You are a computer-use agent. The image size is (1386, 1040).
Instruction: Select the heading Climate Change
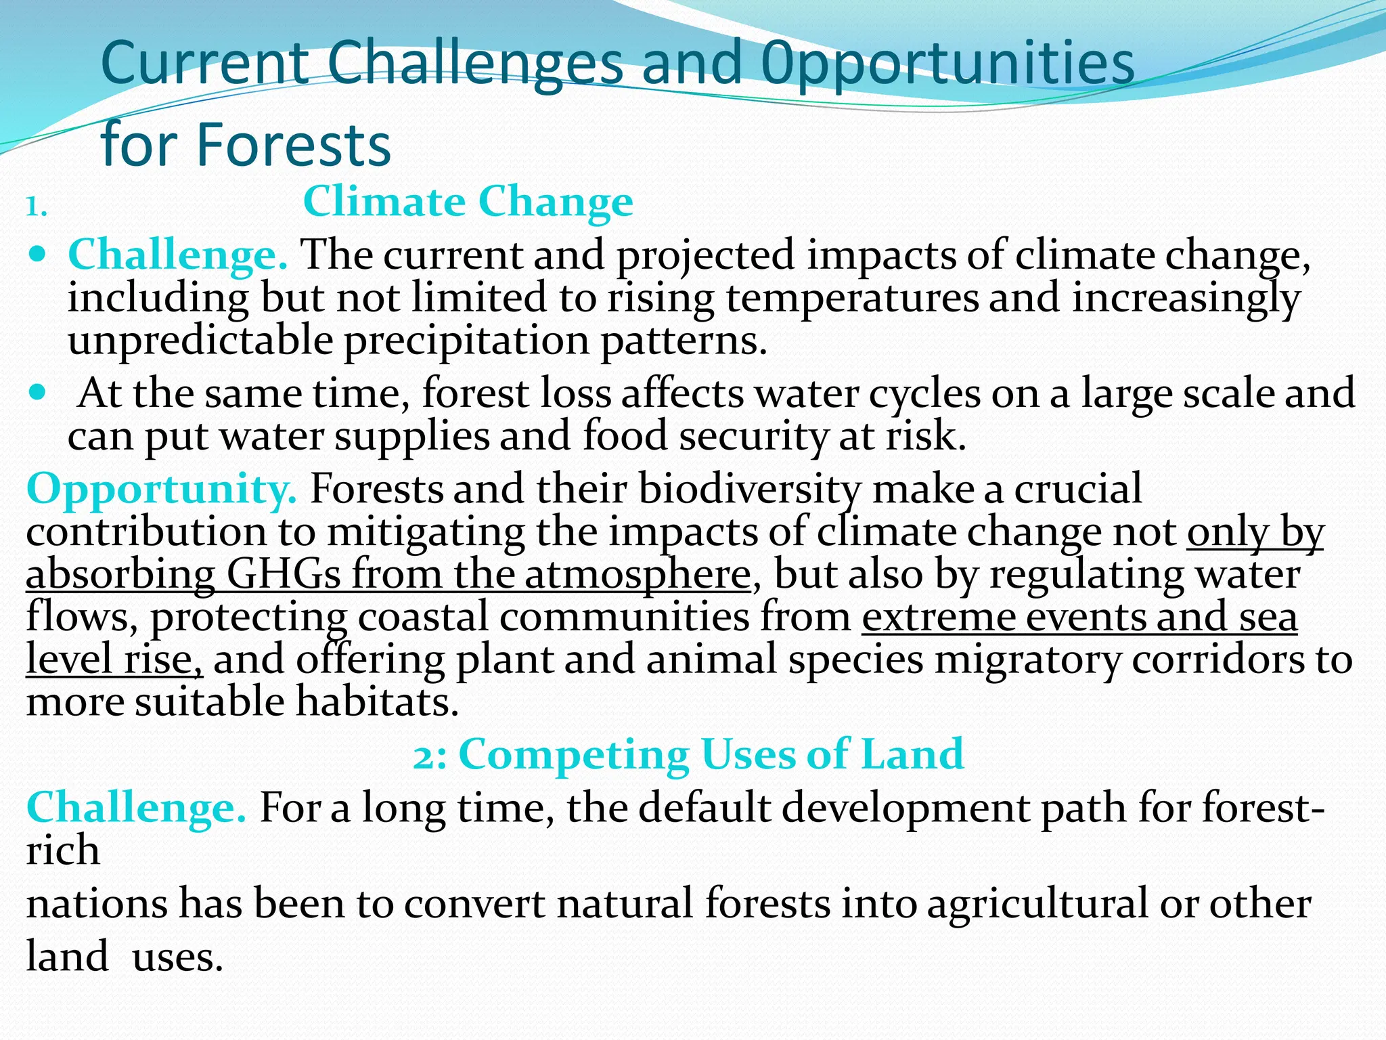[468, 202]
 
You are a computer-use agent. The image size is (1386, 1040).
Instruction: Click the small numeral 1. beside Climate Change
[36, 207]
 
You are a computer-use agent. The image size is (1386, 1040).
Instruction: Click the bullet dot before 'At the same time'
[39, 392]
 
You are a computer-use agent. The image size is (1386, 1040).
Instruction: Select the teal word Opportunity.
[161, 489]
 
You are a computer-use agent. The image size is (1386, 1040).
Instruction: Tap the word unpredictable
[200, 341]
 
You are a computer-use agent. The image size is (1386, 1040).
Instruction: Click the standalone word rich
[62, 850]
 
